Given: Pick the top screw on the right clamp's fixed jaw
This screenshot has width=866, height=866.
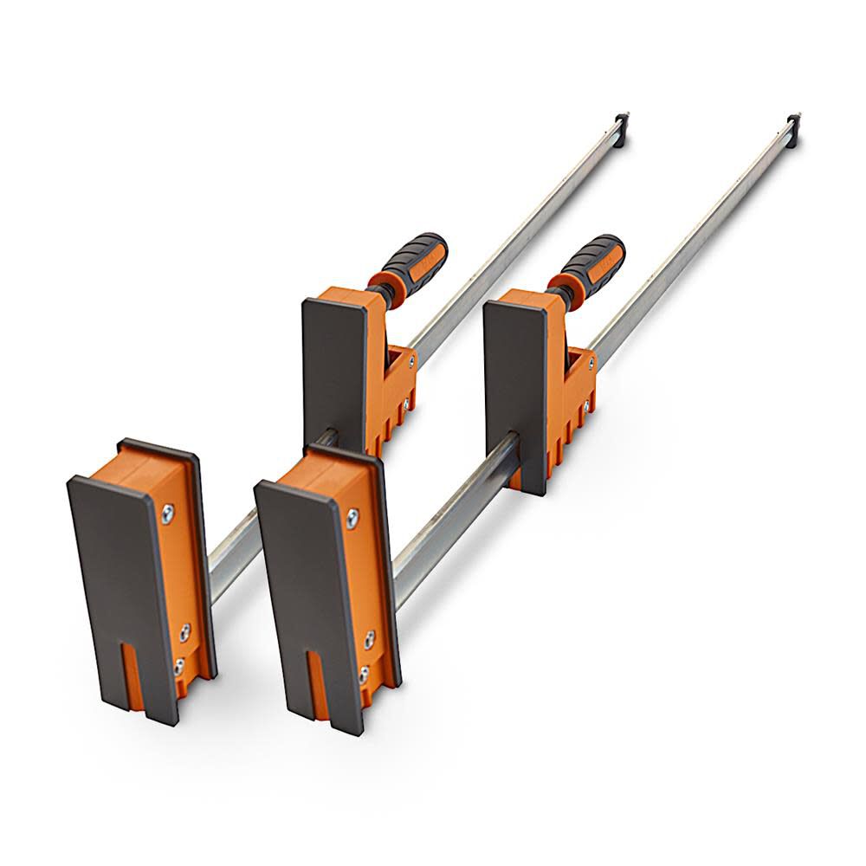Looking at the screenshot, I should (352, 520).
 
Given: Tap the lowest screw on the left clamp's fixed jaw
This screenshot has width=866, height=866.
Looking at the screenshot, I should (179, 666).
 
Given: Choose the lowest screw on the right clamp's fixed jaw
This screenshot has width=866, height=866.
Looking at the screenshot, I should (364, 672).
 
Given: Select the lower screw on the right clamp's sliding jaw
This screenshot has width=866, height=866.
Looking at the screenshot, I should (586, 404).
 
